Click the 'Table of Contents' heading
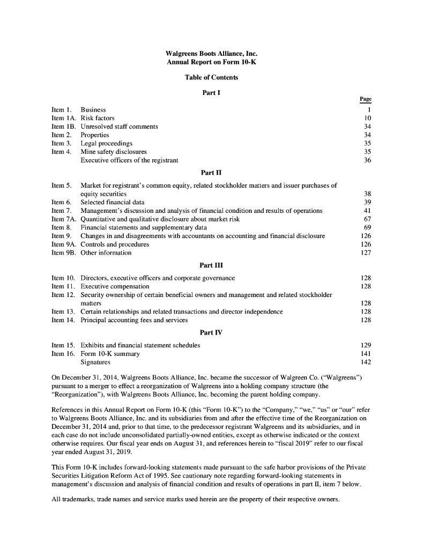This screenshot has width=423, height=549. [211, 77]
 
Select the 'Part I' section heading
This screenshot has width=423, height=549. [211, 92]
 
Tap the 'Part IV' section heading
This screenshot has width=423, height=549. [211, 332]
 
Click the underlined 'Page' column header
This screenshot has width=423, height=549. [366, 99]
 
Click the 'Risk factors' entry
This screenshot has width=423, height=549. [98, 118]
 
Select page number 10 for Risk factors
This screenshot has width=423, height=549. [368, 118]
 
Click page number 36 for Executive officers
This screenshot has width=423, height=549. [368, 160]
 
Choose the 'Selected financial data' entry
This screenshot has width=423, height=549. [112, 202]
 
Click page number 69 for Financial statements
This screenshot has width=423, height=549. [368, 227]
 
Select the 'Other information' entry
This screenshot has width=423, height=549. [106, 253]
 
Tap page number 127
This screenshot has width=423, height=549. [366, 253]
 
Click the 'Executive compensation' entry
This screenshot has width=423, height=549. [115, 286]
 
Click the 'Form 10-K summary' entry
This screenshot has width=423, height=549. [110, 354]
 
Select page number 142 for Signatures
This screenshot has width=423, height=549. [366, 362]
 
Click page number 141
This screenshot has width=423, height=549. [366, 354]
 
